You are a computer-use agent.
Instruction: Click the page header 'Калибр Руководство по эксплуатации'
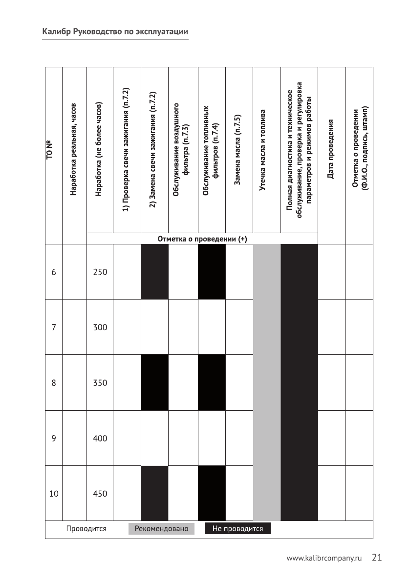(x=115, y=32)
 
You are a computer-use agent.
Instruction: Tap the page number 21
(x=376, y=558)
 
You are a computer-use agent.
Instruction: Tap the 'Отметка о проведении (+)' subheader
(x=202, y=239)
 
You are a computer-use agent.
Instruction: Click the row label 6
(x=53, y=272)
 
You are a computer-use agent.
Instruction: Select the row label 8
(x=53, y=383)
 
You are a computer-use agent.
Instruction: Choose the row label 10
(x=53, y=494)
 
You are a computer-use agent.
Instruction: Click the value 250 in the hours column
(x=100, y=272)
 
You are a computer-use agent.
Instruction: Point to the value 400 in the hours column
(x=100, y=439)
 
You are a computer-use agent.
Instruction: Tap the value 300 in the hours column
(x=100, y=327)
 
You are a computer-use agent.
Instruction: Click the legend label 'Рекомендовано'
(x=161, y=529)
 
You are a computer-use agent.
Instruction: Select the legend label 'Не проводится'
(x=237, y=529)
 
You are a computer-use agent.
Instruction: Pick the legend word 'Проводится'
(x=86, y=529)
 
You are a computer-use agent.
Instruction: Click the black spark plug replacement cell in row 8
(x=154, y=383)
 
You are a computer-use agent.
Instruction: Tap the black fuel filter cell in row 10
(x=212, y=493)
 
